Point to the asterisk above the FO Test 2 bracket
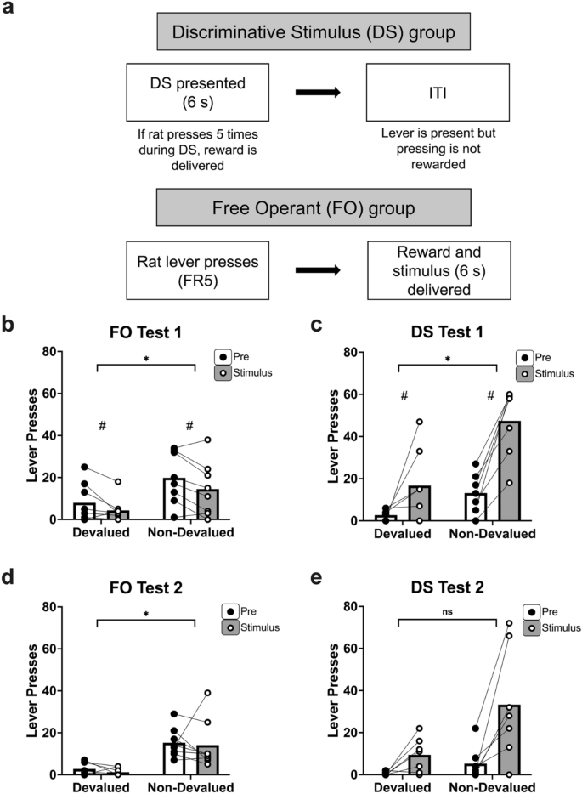(x=147, y=611)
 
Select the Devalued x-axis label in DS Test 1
(x=395, y=534)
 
